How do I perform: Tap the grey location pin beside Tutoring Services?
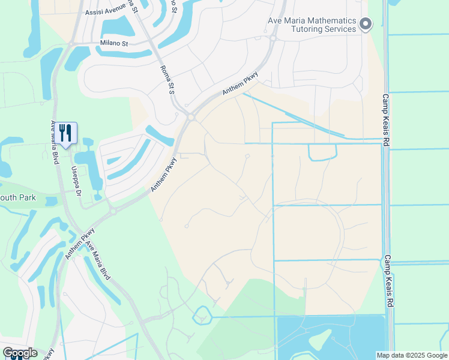[x=366, y=24]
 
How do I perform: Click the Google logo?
[x=20, y=353]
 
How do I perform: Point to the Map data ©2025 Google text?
[x=412, y=355]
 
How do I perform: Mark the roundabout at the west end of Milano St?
[x=71, y=44]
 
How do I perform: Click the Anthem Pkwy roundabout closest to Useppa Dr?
[x=112, y=211]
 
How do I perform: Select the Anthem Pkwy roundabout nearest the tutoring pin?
[x=272, y=39]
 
